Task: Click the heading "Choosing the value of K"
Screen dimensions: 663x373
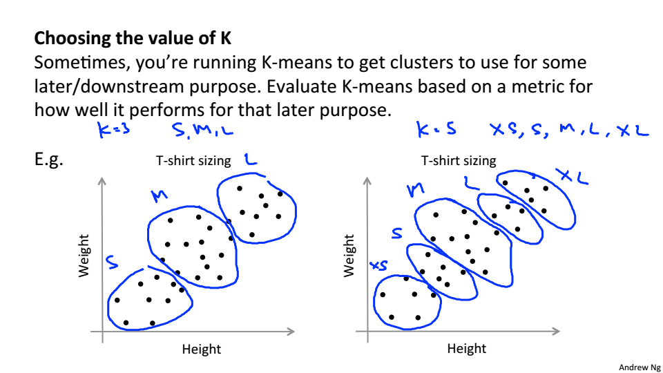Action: click(x=133, y=37)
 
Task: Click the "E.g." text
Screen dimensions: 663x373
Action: click(x=50, y=161)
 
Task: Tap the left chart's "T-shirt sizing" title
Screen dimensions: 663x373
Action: click(x=193, y=161)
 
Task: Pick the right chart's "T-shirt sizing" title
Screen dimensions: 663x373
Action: click(x=459, y=161)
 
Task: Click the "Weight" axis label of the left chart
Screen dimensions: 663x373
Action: click(x=84, y=256)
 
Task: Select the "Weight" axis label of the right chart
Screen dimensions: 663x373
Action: click(x=349, y=256)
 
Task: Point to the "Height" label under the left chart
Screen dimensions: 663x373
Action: click(x=202, y=349)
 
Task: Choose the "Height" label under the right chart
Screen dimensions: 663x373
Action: click(x=467, y=349)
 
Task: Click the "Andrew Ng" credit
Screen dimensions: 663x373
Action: click(x=640, y=367)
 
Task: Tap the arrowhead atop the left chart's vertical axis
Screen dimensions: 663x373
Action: click(x=102, y=182)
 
